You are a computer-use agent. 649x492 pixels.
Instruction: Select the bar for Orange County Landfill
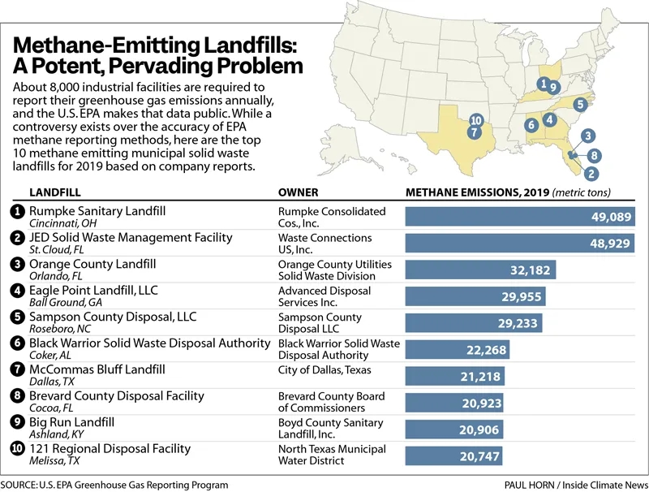click(480, 270)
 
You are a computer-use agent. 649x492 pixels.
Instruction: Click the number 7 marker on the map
click(474, 132)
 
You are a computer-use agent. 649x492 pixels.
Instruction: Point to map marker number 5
click(580, 105)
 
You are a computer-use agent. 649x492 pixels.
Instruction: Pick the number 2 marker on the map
click(591, 173)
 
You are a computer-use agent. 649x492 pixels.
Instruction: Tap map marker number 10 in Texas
click(475, 120)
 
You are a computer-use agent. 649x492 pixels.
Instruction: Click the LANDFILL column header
click(55, 193)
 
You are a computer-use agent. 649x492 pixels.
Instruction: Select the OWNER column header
click(298, 193)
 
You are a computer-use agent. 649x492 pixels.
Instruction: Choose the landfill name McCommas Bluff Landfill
click(97, 369)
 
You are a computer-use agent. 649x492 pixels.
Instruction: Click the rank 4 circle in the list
click(16, 291)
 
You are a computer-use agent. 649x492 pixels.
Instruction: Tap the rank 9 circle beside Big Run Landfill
click(16, 423)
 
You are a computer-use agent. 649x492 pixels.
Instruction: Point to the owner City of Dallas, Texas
click(324, 370)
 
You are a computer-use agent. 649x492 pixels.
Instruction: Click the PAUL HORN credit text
click(528, 484)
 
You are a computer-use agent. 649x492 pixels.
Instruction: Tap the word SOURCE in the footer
click(22, 484)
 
